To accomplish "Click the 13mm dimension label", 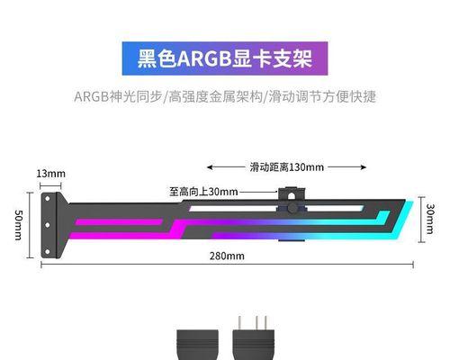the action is (50, 174).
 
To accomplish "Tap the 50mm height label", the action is (18, 225).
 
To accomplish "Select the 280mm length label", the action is (227, 256).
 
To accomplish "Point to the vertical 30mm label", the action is (430, 219).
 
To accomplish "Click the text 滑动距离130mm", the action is (287, 166).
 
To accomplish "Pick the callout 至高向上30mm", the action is (203, 192).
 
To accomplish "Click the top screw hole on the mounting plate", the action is (47, 199).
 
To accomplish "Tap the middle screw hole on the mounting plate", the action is (47, 225).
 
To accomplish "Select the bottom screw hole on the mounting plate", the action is (47, 252).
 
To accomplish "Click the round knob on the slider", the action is (292, 208).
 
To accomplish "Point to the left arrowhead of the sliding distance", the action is (210, 167).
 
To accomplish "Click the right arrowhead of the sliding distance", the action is (364, 167).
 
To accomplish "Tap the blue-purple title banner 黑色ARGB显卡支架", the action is (225, 58).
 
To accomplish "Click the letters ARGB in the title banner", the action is (204, 58).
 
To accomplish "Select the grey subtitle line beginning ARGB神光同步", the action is (225, 96).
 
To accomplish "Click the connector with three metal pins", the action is (254, 340).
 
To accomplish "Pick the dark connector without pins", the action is (197, 345).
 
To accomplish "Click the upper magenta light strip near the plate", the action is (119, 222).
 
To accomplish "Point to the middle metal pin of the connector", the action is (256, 323).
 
